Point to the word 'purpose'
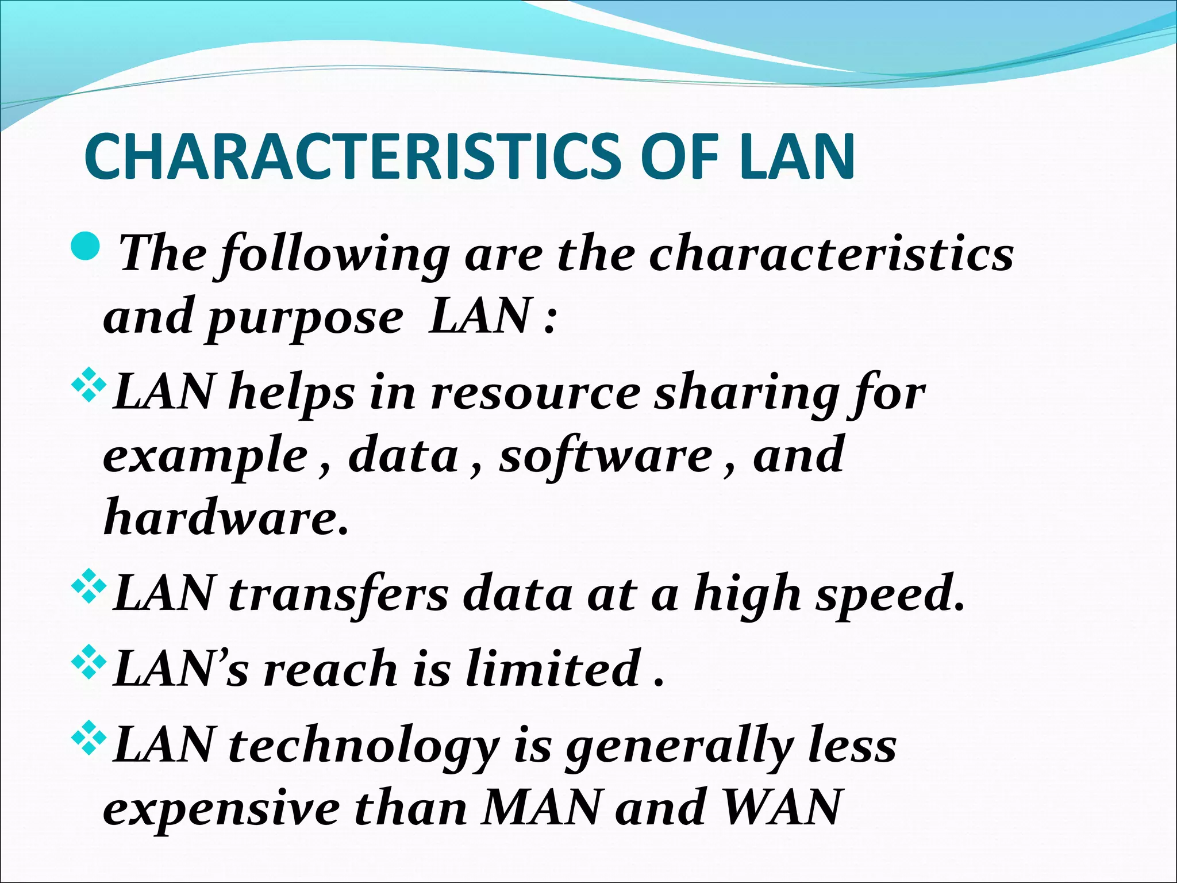[x=305, y=318]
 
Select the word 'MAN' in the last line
[x=541, y=808]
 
